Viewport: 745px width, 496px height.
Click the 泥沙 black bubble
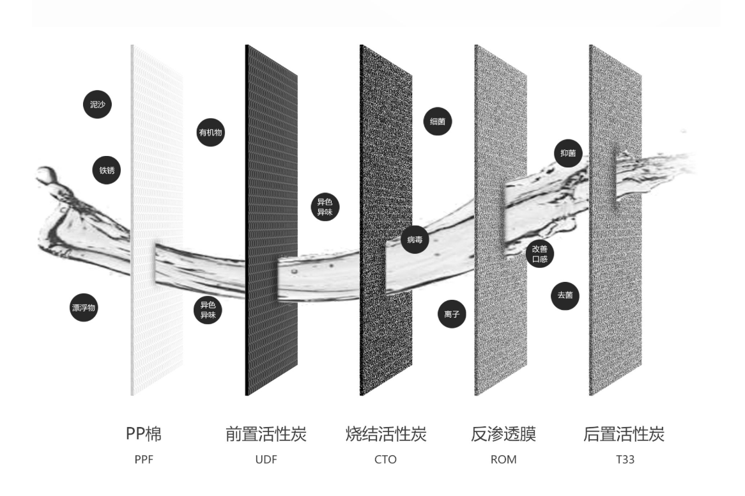(x=97, y=105)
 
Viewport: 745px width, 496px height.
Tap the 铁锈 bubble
(x=106, y=170)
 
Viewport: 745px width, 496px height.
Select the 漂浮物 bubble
(x=84, y=308)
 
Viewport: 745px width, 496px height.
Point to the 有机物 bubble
(x=211, y=133)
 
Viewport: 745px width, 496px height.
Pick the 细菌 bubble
(x=438, y=121)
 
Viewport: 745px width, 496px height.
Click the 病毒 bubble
(x=415, y=240)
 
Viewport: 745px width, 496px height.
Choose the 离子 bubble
(x=452, y=314)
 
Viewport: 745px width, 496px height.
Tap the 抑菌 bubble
(x=567, y=153)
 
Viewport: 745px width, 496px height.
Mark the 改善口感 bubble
(x=540, y=254)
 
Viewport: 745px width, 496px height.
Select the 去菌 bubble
(x=565, y=296)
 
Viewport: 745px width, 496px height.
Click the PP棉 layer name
(x=143, y=435)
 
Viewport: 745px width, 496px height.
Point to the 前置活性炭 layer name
(x=266, y=435)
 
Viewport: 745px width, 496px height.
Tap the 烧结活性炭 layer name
(x=385, y=435)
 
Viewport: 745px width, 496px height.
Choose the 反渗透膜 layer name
(x=503, y=435)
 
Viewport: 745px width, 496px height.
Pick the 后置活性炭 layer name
(x=624, y=435)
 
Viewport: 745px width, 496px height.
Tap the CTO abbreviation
(x=385, y=459)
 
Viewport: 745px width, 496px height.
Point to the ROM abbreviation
(x=503, y=459)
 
